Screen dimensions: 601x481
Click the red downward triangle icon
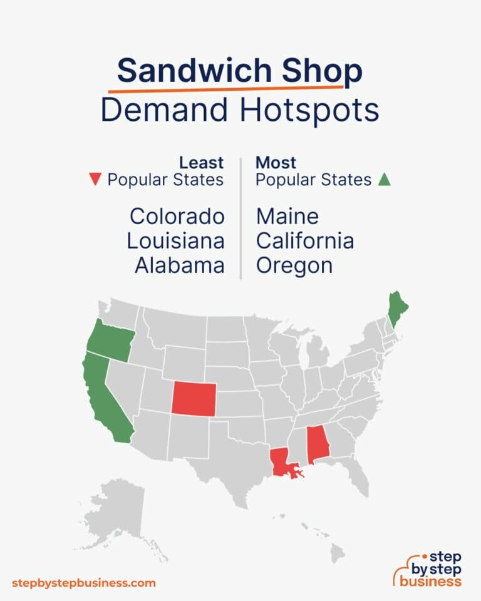[95, 180]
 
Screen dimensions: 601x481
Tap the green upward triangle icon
[384, 180]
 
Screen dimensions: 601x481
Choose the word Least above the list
[201, 163]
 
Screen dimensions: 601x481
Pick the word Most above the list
[276, 163]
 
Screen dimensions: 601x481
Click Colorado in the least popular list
[177, 217]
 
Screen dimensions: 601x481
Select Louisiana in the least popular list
[175, 241]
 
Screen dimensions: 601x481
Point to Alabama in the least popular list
[180, 265]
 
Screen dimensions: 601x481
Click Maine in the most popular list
[287, 217]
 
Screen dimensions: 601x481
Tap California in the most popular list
[305, 241]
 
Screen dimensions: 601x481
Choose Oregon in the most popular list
[294, 265]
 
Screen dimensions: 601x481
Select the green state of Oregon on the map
[109, 340]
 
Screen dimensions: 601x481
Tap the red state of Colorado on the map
[194, 398]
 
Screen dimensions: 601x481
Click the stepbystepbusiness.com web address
[83, 583]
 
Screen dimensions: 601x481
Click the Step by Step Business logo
[428, 568]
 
